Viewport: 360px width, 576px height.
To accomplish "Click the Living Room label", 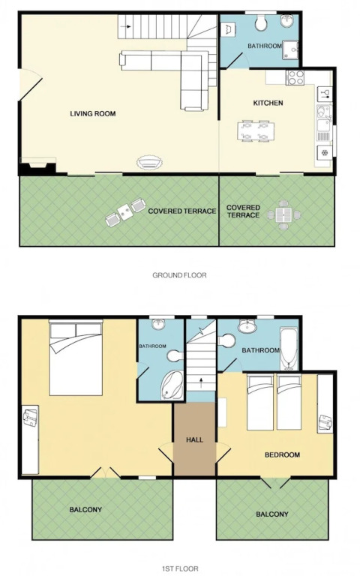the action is tap(93, 113).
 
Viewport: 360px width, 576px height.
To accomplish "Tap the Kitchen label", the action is tap(268, 103).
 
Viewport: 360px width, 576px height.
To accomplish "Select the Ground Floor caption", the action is tap(180, 274).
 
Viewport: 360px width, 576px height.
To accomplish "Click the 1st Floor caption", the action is tap(180, 568).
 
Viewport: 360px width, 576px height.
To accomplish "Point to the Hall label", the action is tap(194, 439).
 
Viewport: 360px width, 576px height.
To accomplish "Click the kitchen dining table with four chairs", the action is tap(255, 130).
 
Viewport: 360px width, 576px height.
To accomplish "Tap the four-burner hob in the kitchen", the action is tap(295, 77).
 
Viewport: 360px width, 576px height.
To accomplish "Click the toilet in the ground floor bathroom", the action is tap(261, 23).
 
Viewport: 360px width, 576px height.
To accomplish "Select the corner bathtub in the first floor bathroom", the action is tap(172, 385).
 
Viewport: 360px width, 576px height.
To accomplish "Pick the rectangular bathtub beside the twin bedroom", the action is tap(289, 348).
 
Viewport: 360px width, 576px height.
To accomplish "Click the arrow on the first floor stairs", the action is tap(201, 382).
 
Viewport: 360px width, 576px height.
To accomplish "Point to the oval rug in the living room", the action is tap(149, 163).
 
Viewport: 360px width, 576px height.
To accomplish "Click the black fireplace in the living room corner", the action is tap(37, 166).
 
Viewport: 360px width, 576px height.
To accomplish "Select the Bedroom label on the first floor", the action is tap(282, 454).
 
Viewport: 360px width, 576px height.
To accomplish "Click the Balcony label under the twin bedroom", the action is tap(272, 514).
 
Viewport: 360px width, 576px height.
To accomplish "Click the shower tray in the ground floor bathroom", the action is tap(290, 49).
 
